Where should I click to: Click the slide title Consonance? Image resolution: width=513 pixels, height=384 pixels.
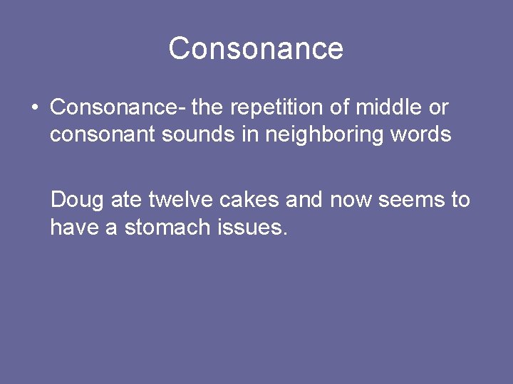(x=256, y=48)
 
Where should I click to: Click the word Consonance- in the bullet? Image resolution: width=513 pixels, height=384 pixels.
(x=118, y=107)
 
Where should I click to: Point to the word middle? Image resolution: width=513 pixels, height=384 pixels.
(x=389, y=107)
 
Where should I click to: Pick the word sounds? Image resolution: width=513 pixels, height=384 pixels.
(x=198, y=134)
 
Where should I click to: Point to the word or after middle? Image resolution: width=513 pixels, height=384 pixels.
(x=437, y=108)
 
